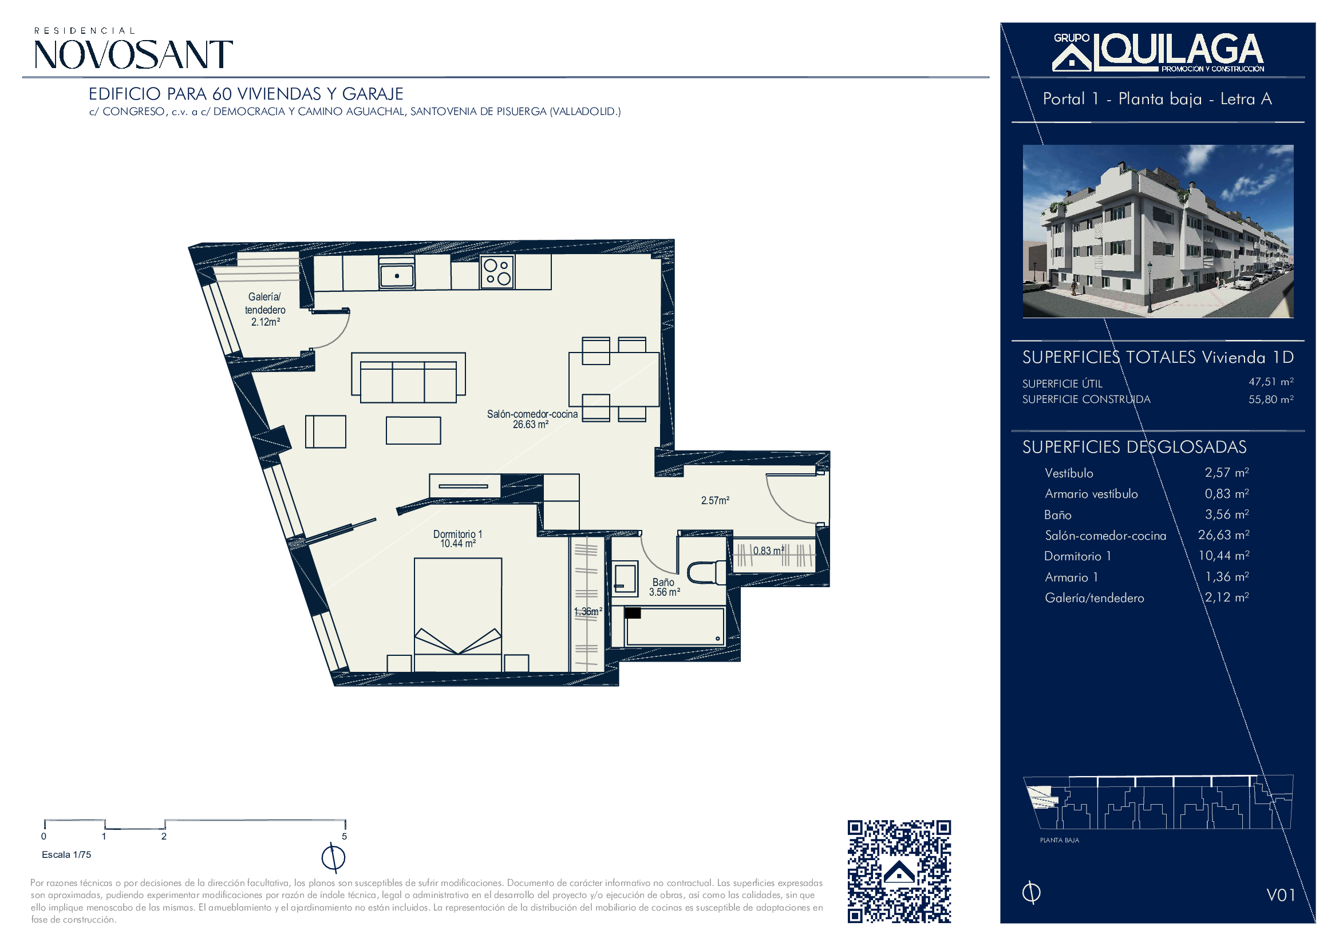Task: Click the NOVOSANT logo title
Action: click(x=133, y=54)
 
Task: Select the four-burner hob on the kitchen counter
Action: click(x=497, y=272)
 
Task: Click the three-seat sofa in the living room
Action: click(x=408, y=378)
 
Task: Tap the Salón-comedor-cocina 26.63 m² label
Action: click(x=532, y=419)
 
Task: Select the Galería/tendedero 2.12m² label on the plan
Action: click(x=266, y=310)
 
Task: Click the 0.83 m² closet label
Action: click(x=769, y=550)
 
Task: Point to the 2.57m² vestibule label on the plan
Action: click(x=715, y=500)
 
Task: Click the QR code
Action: click(x=899, y=872)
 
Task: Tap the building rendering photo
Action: click(x=1158, y=231)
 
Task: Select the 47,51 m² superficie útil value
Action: click(x=1271, y=382)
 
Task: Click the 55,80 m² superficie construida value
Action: click(x=1271, y=399)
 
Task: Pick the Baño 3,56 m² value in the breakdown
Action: click(x=1226, y=514)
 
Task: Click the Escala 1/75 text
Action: click(x=66, y=854)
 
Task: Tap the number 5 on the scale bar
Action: click(x=344, y=837)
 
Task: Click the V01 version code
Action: click(x=1281, y=894)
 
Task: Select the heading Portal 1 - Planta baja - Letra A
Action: click(x=1157, y=99)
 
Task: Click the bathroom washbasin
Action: click(x=625, y=578)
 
